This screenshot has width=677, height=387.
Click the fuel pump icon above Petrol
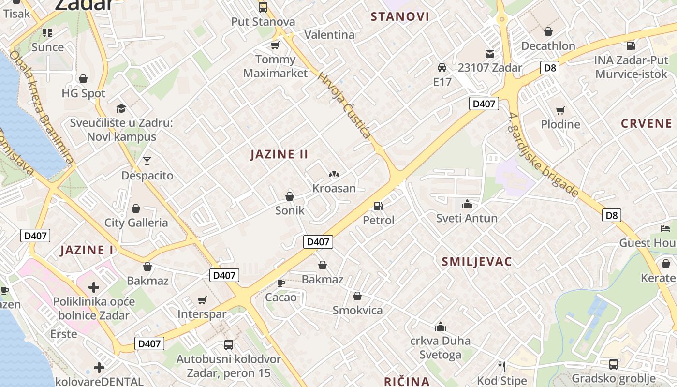pos(378,206)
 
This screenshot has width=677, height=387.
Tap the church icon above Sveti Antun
pos(467,204)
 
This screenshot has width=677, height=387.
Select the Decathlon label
pos(548,46)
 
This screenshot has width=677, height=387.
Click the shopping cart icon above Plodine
pos(560,110)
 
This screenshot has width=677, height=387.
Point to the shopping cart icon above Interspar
pos(202,300)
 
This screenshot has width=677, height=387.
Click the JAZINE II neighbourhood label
pos(279,154)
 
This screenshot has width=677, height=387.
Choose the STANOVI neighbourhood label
pos(399,17)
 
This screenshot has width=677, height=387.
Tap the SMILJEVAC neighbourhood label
pos(476,262)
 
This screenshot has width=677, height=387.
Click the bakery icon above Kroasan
pos(334,174)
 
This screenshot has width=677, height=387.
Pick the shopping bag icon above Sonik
pos(290,196)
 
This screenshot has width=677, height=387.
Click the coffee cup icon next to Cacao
pos(280,283)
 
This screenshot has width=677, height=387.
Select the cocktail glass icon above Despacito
pos(147,161)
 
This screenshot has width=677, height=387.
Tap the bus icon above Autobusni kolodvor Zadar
pos(228,345)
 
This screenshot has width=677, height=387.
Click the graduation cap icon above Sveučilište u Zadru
pos(120,108)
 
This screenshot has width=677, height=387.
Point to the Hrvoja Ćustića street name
pos(344,105)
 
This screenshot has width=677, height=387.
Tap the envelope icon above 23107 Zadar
pos(490,53)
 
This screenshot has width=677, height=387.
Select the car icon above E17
pos(442,68)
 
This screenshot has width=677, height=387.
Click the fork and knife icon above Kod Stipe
pos(502,366)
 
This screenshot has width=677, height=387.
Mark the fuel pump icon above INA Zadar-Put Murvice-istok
pos(631,46)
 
